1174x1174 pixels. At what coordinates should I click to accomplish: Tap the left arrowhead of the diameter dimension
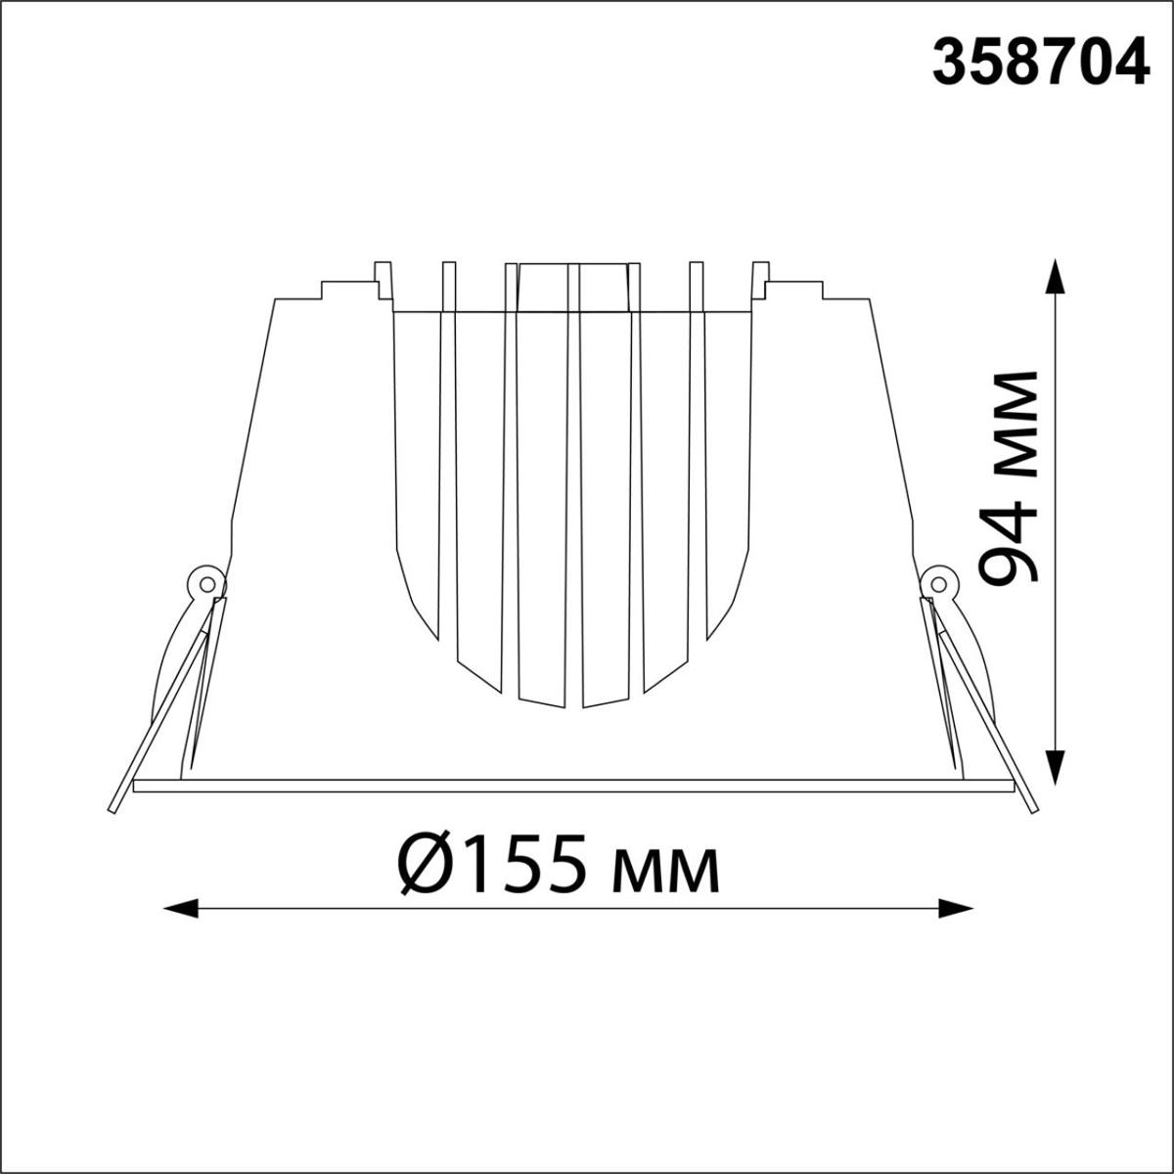click(182, 925)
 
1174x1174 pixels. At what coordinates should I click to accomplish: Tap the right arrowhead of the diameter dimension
click(955, 925)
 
